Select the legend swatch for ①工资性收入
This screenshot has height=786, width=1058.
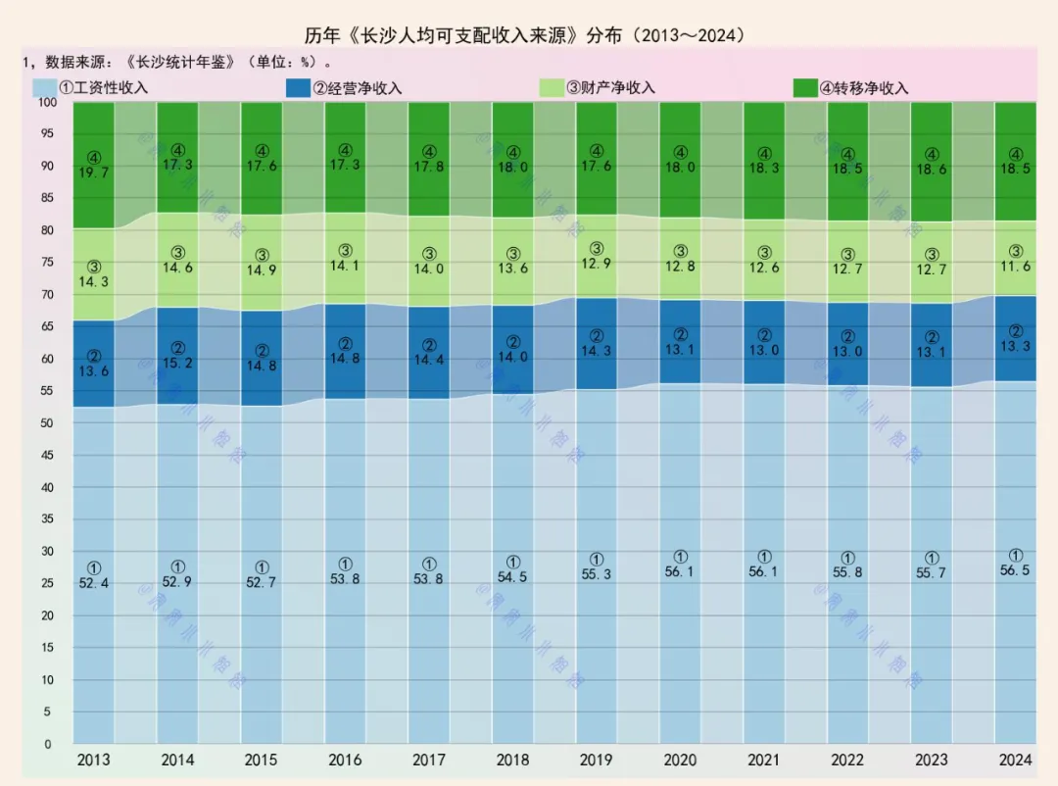(45, 88)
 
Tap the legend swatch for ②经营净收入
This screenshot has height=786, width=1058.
(299, 88)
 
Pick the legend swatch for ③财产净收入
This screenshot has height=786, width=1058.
(553, 88)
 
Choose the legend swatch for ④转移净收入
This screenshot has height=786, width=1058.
(806, 88)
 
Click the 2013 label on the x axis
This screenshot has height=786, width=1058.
(94, 760)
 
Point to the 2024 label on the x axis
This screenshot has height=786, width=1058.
(1016, 760)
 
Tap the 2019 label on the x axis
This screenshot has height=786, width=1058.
(597, 760)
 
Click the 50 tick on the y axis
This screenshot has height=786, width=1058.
(47, 422)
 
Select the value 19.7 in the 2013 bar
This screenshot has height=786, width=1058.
(94, 172)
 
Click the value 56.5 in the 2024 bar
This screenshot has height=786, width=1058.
(1016, 570)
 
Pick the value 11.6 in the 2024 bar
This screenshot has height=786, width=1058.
(1016, 267)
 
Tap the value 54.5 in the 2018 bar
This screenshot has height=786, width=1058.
(512, 577)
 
